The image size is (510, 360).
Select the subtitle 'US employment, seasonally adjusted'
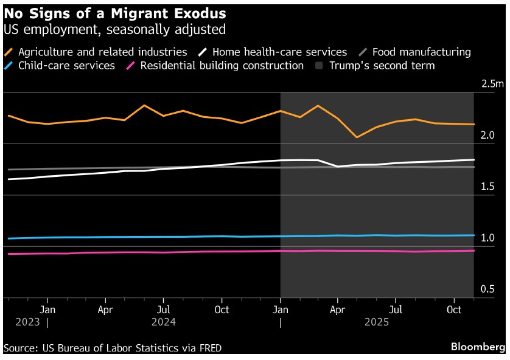(115, 29)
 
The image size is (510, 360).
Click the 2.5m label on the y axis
(492, 84)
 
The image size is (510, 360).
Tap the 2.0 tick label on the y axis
(487, 135)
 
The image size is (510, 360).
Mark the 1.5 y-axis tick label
(487, 187)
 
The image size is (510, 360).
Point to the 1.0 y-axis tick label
(487, 238)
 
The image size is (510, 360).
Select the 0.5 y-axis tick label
(487, 289)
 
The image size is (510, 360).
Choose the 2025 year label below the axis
(376, 322)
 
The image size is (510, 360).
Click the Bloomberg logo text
(477, 347)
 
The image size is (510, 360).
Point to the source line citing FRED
(113, 348)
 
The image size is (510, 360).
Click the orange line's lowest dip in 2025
(357, 137)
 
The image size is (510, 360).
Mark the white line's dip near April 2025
(338, 167)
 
